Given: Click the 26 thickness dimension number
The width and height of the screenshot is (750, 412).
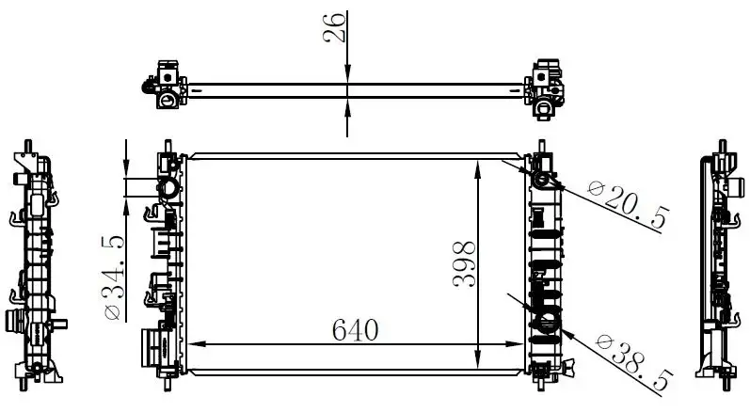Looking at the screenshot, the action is click(x=334, y=27).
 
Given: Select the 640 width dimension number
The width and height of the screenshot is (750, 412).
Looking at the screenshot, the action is click(x=355, y=330).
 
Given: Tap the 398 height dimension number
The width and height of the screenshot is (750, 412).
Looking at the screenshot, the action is click(x=464, y=263).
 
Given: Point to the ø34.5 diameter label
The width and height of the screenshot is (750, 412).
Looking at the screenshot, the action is click(x=114, y=277).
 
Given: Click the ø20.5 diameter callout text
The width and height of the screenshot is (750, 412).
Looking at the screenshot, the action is click(x=628, y=203).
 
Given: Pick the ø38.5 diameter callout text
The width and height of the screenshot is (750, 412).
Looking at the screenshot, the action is click(x=634, y=362).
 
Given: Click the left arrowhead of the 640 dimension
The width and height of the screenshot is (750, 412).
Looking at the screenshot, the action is click(x=196, y=343).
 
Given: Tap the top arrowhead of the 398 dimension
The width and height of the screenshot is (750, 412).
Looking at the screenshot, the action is click(x=477, y=169).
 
